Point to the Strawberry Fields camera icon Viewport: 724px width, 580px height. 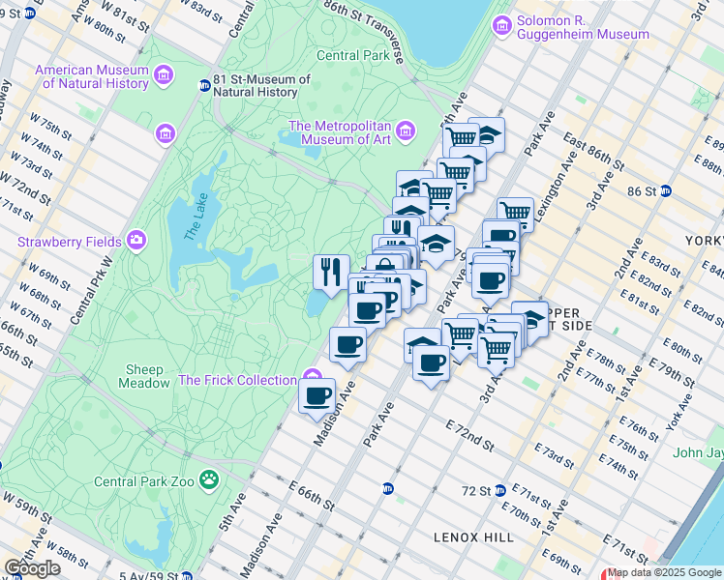click(136, 240)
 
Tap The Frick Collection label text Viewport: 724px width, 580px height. click(236, 380)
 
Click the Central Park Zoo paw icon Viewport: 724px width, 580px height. click(208, 479)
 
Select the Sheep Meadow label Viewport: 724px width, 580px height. click(144, 377)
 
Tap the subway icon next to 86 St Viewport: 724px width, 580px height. click(665, 191)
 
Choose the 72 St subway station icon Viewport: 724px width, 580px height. click(500, 490)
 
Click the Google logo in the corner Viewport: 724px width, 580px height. click(32, 567)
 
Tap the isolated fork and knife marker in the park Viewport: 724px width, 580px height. click(332, 270)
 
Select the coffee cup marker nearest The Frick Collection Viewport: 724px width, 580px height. click(317, 394)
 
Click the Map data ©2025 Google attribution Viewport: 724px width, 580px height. click(664, 572)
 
